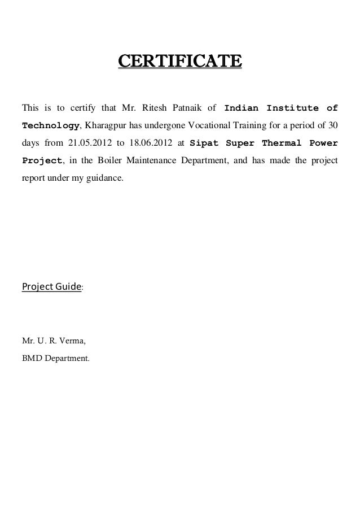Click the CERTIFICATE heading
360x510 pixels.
coord(179,60)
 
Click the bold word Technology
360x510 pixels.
coord(51,125)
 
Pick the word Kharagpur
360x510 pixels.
coord(103,125)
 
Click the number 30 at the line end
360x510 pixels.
coord(333,125)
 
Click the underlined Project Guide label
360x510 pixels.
coord(51,287)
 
